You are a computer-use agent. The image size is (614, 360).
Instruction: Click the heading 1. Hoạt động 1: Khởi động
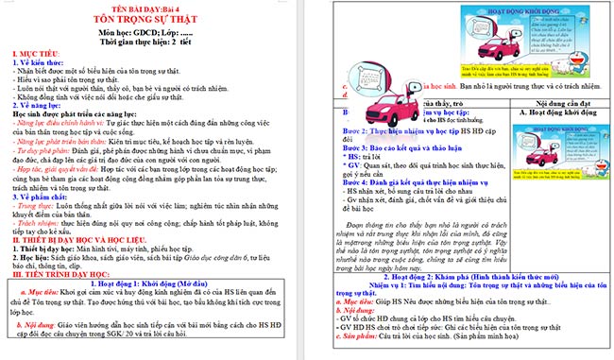(151, 308)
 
